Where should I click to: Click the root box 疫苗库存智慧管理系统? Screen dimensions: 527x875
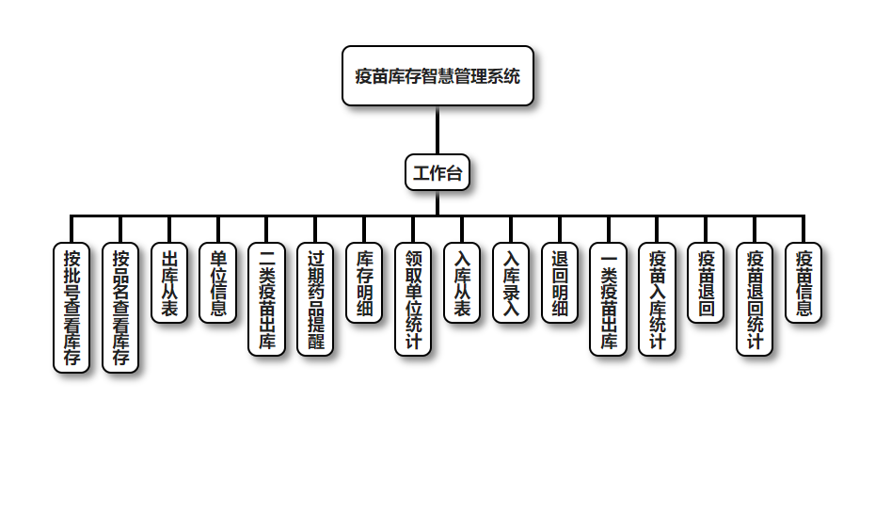click(x=437, y=76)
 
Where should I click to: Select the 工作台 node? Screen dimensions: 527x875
click(x=437, y=172)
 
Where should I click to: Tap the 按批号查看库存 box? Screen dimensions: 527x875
click(x=72, y=308)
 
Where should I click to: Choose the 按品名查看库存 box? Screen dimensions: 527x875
click(x=120, y=308)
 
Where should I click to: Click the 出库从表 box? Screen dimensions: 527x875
click(x=169, y=283)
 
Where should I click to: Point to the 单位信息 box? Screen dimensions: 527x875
click(x=218, y=283)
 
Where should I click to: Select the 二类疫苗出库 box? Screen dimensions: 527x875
click(x=267, y=299)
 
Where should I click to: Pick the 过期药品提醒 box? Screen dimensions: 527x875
click(x=316, y=299)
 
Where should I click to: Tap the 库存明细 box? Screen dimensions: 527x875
click(x=365, y=283)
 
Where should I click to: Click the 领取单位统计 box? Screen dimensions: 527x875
click(x=413, y=299)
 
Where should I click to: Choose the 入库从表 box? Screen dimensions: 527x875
click(x=462, y=283)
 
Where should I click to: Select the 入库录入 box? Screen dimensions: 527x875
click(x=511, y=283)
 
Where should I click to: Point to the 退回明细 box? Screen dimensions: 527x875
click(x=560, y=283)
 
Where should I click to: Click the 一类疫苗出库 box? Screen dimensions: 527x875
click(x=609, y=299)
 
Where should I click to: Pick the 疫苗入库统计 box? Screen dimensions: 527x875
click(x=658, y=299)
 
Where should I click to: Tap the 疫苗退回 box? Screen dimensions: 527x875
click(x=706, y=283)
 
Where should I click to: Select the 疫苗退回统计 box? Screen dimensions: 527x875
click(x=755, y=299)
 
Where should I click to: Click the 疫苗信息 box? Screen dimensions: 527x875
click(x=803, y=283)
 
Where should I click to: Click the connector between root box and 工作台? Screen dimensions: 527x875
click(x=437, y=130)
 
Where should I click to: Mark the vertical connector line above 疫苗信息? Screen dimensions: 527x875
click(x=803, y=230)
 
